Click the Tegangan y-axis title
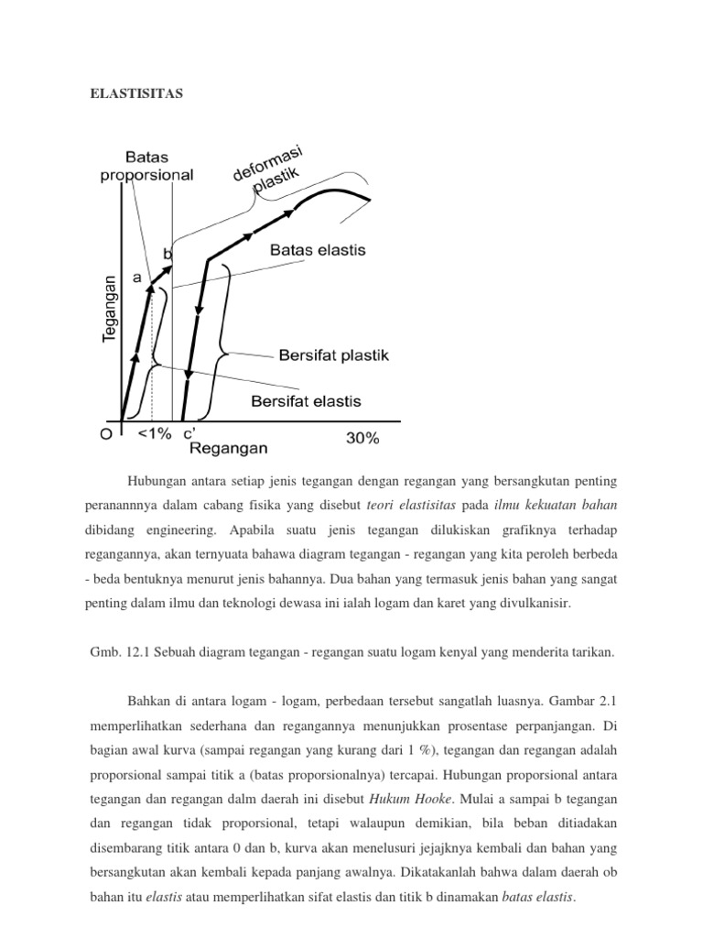tap(110, 309)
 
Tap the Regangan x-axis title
tap(229, 448)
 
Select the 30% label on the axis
tap(362, 438)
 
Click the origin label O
tap(106, 435)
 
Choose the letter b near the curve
tap(168, 252)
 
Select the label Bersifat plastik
tap(333, 355)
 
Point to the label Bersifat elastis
tap(306, 401)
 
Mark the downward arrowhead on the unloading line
tap(189, 375)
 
